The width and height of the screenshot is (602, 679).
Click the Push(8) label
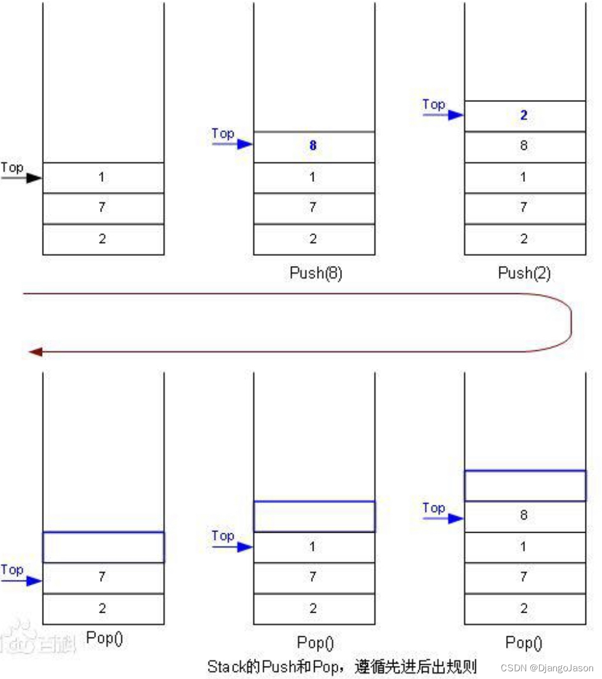pyautogui.click(x=315, y=273)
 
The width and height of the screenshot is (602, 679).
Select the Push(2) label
pyautogui.click(x=524, y=273)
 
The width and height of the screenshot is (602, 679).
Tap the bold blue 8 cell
pyautogui.click(x=313, y=146)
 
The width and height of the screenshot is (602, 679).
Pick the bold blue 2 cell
pyautogui.click(x=524, y=116)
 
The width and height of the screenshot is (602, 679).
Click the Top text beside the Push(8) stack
pyautogui.click(x=223, y=133)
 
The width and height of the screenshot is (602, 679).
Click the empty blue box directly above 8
pyautogui.click(x=525, y=486)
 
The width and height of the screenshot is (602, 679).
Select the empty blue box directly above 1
pyautogui.click(x=314, y=517)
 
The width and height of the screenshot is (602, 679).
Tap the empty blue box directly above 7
pyautogui.click(x=103, y=547)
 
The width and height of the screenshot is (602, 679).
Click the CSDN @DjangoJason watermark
pyautogui.click(x=546, y=668)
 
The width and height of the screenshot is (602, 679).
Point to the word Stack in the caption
pyautogui.click(x=226, y=666)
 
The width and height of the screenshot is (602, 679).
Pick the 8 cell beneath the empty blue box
pyautogui.click(x=524, y=515)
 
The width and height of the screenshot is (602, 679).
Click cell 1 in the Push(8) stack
pyautogui.click(x=313, y=177)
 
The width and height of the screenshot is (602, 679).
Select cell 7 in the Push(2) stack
pyautogui.click(x=524, y=208)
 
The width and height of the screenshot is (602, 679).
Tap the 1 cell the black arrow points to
pyautogui.click(x=103, y=177)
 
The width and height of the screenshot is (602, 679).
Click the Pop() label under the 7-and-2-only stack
pyautogui.click(x=104, y=638)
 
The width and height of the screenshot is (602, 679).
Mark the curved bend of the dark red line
pyautogui.click(x=570, y=323)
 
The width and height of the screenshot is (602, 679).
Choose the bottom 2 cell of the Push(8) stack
pyautogui.click(x=313, y=239)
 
